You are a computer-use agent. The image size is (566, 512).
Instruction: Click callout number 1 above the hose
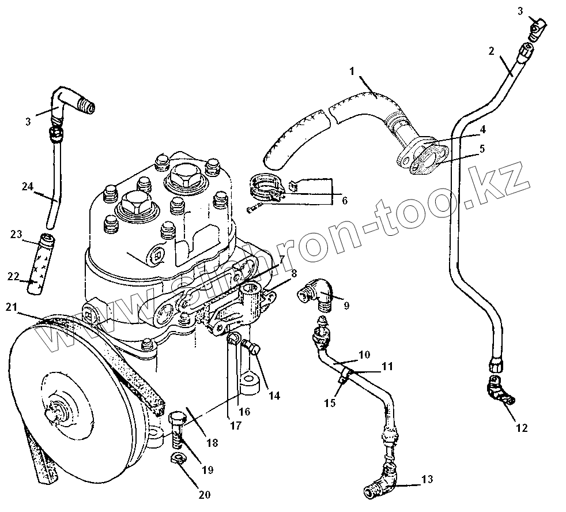[x=351, y=71]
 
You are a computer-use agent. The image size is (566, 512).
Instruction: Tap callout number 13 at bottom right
[x=427, y=479]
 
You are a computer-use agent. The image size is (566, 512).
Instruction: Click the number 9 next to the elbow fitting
[x=346, y=306]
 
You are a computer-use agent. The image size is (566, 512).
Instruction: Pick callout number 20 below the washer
[x=206, y=494]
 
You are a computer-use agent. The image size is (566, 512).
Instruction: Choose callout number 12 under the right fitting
[x=522, y=428]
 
